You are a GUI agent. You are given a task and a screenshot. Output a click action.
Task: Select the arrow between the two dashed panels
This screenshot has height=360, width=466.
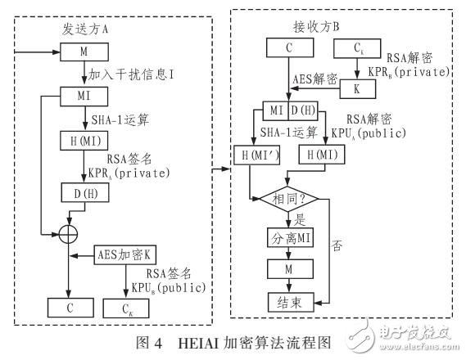(x=222, y=169)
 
